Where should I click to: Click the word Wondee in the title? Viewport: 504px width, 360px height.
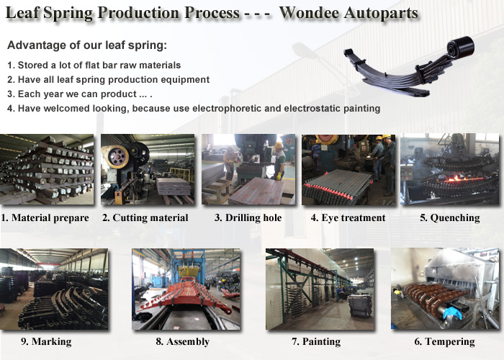point(309,13)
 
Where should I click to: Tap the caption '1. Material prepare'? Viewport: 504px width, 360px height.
point(45,218)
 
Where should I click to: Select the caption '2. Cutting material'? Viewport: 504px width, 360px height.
point(145,218)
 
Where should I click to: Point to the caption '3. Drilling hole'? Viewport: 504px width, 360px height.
point(248,218)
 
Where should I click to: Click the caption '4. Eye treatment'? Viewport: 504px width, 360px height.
point(348,218)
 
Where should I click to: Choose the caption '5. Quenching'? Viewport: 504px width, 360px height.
point(450,218)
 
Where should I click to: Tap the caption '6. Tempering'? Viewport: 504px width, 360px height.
point(444,342)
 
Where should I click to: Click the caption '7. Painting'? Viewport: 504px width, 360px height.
point(316,342)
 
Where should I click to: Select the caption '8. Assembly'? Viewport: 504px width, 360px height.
point(183,342)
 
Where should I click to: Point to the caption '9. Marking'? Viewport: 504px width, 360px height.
point(46,342)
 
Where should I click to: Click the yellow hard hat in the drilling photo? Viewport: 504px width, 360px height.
point(279,145)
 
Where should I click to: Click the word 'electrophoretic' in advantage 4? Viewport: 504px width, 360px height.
point(227,108)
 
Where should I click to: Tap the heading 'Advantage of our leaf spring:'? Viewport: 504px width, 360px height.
point(87,45)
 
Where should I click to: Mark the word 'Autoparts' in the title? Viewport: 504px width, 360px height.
point(381,13)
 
